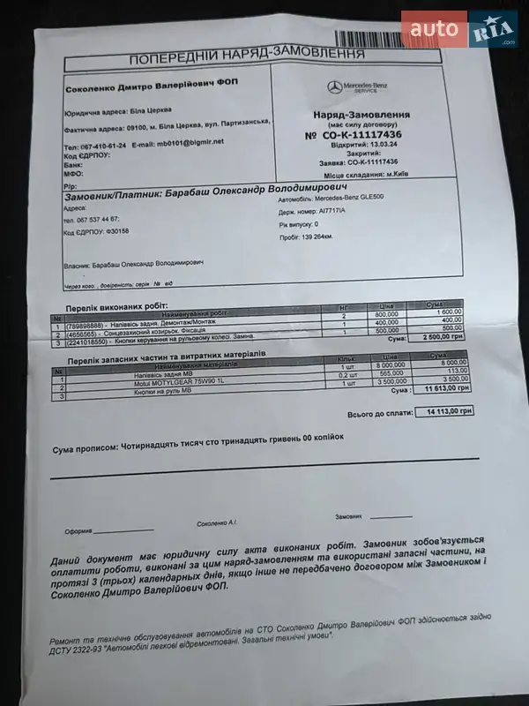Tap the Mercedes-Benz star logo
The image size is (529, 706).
(x=334, y=87)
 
